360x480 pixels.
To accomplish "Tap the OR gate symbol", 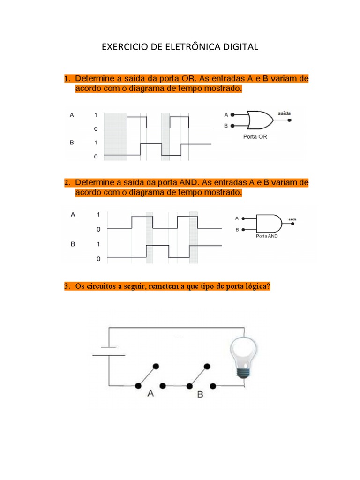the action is point(260,120).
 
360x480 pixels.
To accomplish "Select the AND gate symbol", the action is point(269,224).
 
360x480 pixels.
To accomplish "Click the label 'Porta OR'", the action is point(255,137).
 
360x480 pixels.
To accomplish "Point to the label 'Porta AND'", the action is point(267,236).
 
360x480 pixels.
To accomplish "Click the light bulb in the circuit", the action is point(244,357).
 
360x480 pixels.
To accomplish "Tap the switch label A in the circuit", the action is point(150,393).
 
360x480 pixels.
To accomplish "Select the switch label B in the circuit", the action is point(200,394).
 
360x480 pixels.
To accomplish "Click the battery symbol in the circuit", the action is point(109,351).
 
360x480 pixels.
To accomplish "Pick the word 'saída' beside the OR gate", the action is point(284,113).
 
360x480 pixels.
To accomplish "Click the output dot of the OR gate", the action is point(290,120).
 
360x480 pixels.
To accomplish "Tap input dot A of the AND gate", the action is point(243,218).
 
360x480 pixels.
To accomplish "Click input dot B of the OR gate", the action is point(232,126).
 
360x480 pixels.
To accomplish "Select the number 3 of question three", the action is point(67,286).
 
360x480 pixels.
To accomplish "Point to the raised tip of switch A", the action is point(156,366).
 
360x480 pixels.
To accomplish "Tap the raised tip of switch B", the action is point(207,366).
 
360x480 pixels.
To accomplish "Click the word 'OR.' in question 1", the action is point(189,79).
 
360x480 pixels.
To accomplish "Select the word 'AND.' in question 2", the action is point(189,183).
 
